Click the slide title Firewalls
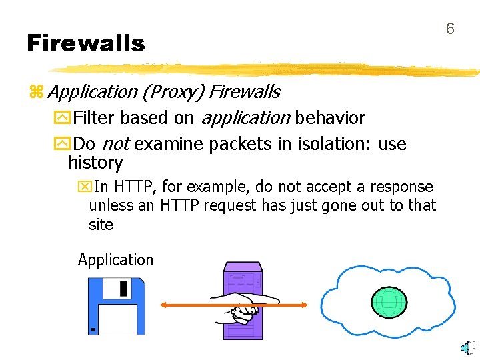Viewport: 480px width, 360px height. tap(85, 43)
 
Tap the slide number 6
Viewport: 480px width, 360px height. tap(450, 29)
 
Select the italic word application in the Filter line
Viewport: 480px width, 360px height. tap(245, 119)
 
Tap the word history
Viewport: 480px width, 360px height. tap(95, 163)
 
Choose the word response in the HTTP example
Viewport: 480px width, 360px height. tap(403, 187)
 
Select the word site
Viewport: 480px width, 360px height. tap(101, 225)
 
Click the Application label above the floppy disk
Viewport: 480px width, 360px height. tap(115, 260)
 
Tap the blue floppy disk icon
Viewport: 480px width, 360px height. tap(116, 305)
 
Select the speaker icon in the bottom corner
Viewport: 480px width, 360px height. tap(469, 347)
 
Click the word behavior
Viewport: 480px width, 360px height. tap(330, 119)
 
